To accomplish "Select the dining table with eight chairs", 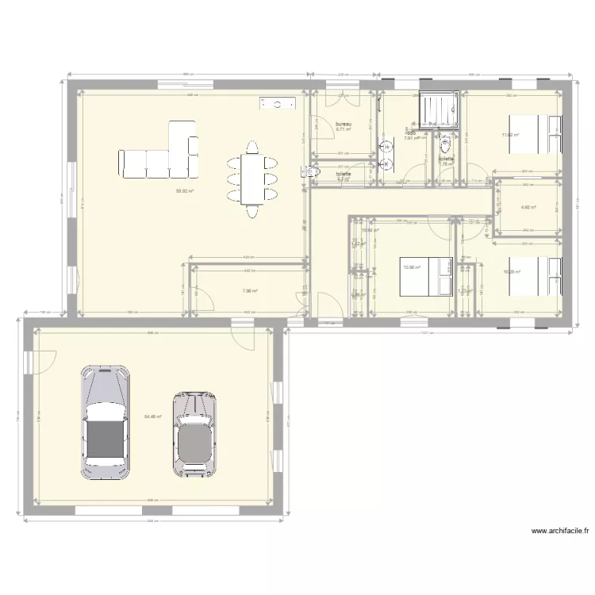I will point(253,176).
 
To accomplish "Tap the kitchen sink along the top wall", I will point(278,102).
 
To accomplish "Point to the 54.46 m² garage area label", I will point(153,416).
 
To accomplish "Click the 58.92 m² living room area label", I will point(185,190).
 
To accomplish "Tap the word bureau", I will point(344,125).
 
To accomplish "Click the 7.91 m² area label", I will point(411,138).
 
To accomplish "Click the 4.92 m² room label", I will point(528,208).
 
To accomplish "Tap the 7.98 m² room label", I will point(249,290).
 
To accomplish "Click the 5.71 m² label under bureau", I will point(343,130).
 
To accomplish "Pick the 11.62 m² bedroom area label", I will point(509,135).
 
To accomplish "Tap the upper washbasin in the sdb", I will point(388,147).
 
